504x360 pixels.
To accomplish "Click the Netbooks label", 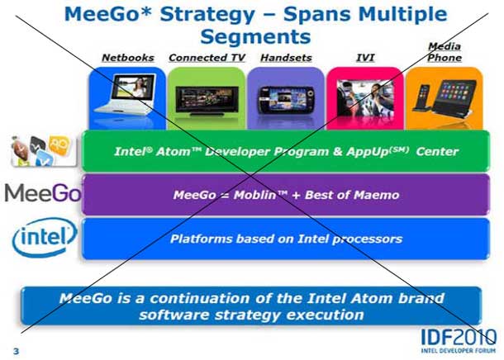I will [x=128, y=57].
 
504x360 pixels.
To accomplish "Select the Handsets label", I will [x=285, y=57].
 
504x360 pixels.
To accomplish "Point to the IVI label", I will [x=364, y=57].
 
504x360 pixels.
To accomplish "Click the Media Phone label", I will [x=445, y=52].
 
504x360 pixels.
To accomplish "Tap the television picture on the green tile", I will [x=206, y=98].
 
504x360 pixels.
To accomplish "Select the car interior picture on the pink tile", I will [x=364, y=97].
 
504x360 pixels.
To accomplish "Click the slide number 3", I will [x=15, y=352].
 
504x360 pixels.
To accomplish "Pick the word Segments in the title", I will [x=255, y=36].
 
